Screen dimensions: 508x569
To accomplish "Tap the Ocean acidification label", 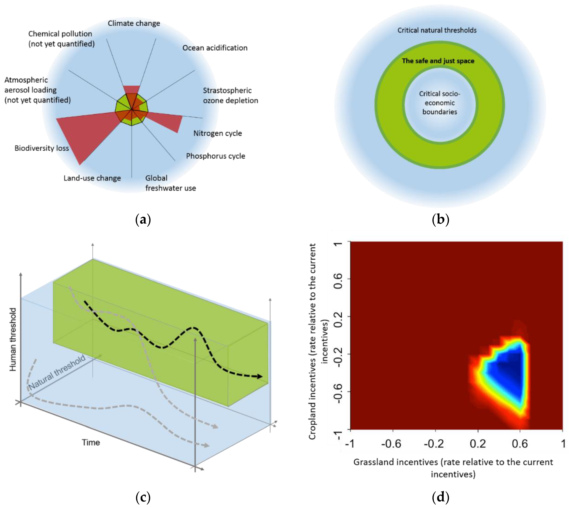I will [215, 48].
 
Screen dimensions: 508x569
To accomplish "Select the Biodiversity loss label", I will [42, 148].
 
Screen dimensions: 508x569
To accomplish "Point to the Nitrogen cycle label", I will [218, 133].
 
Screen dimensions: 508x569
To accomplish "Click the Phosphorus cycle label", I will [215, 156].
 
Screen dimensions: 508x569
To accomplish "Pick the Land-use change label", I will [92, 178].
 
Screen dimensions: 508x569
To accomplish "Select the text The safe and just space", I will [438, 61].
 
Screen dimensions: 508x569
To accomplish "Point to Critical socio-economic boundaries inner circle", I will [440, 103].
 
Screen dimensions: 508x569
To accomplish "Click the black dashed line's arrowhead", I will [260, 376].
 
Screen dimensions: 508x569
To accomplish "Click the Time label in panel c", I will [91, 442].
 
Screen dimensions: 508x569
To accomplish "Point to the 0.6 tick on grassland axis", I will [520, 444].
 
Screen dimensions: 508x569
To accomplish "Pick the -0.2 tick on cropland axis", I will [338, 354].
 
